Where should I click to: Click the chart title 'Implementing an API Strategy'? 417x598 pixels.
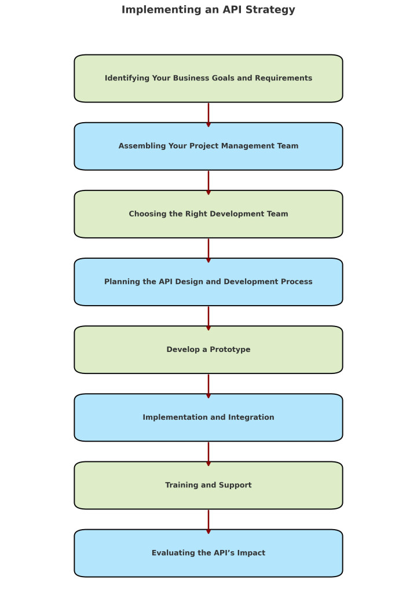[208, 10]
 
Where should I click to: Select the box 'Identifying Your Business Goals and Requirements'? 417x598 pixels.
[208, 78]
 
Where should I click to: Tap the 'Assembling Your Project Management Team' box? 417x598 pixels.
[208, 146]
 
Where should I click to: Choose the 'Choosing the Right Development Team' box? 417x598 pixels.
[208, 214]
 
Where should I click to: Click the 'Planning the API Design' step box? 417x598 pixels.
[208, 282]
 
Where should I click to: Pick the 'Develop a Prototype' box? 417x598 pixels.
[208, 350]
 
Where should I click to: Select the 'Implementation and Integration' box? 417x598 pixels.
[208, 417]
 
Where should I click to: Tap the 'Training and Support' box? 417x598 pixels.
[208, 485]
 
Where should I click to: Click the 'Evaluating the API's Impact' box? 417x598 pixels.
[208, 553]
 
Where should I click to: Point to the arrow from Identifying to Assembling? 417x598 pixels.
[209, 113]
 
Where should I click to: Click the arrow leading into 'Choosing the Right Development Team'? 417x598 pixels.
[209, 181]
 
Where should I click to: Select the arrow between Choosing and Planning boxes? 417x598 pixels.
[209, 249]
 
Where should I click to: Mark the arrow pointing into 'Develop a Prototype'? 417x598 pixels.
[209, 317]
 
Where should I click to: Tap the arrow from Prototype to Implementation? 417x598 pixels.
[209, 384]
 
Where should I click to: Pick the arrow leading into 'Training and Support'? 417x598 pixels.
[209, 452]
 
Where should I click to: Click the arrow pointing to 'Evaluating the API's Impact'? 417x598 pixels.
[209, 520]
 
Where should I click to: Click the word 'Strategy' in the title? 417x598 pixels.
[273, 10]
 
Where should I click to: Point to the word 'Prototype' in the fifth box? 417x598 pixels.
[229, 350]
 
